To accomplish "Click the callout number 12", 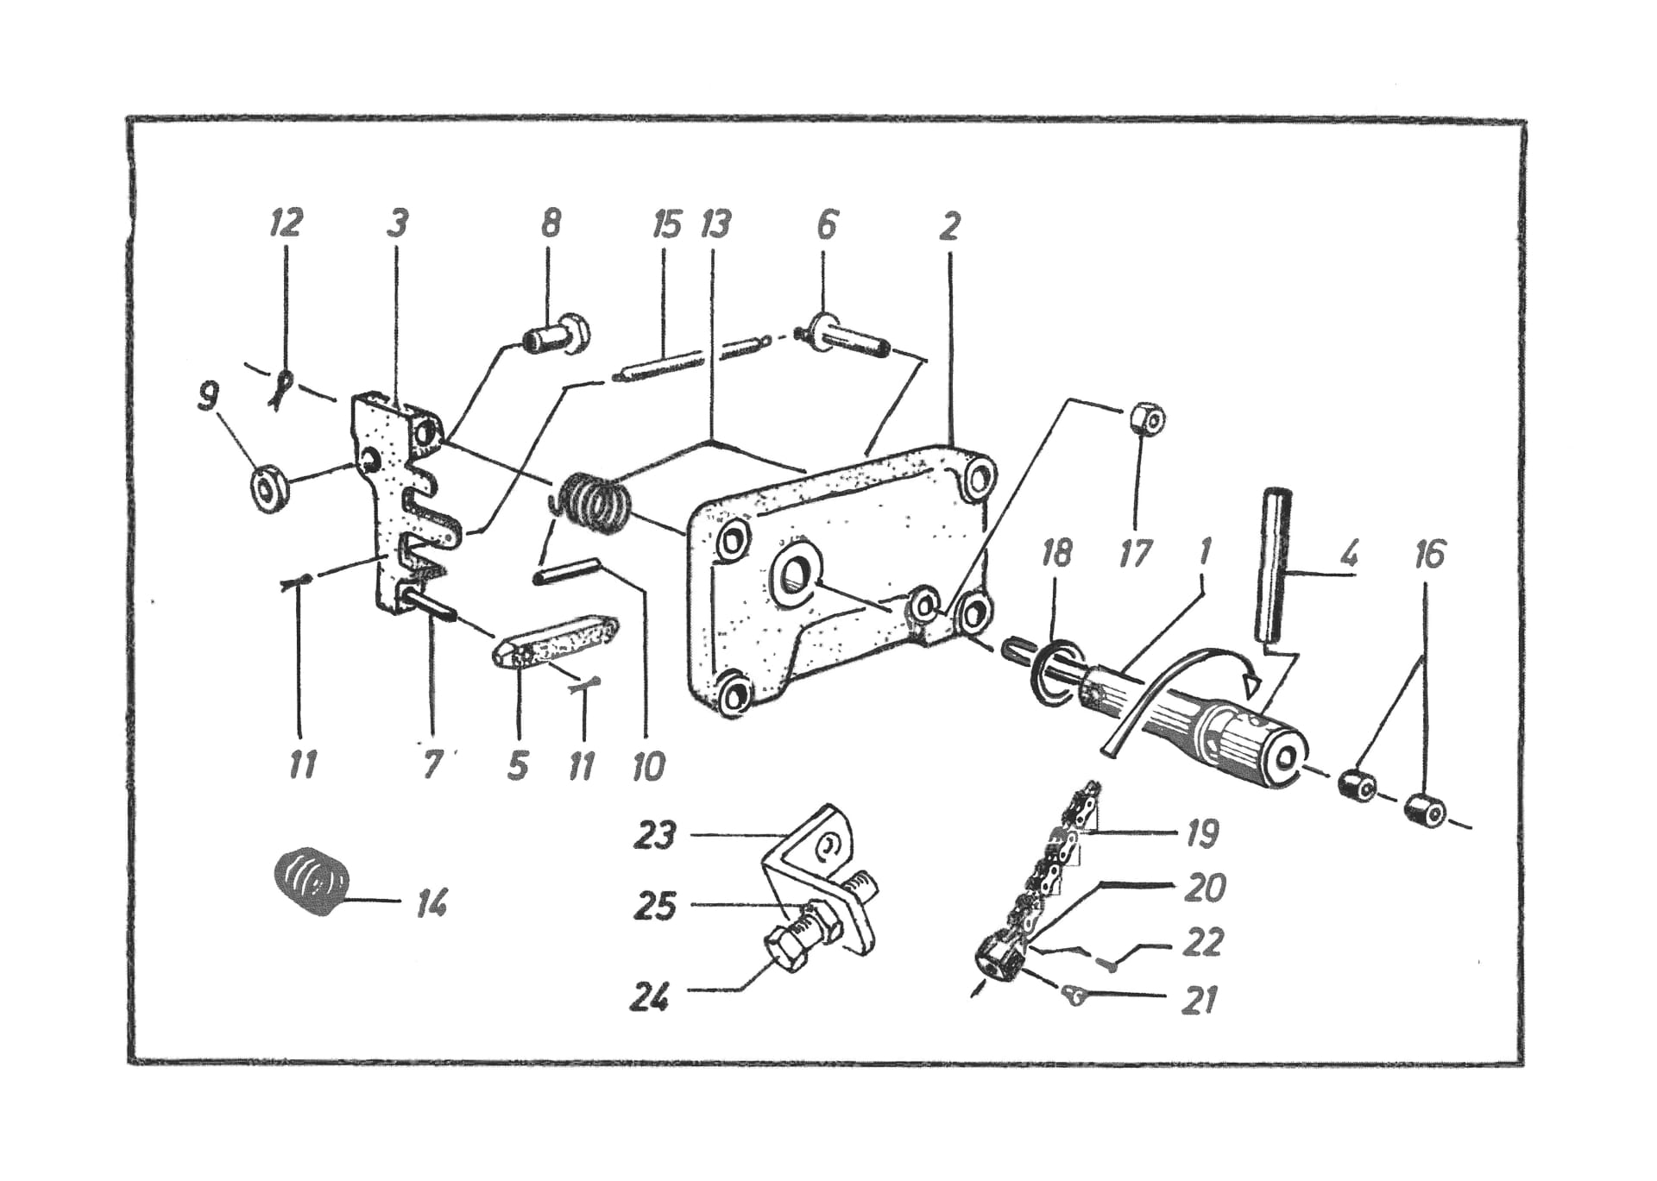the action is pos(287,223).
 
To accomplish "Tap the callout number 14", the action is pos(432,904).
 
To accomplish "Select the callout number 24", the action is pos(650,998).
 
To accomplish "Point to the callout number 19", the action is pos(1202,833).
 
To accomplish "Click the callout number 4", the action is pos(1349,553).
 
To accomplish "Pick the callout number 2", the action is pos(949,226).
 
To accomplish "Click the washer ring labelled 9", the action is pos(270,491).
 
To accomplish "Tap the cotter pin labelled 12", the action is pos(281,388).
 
